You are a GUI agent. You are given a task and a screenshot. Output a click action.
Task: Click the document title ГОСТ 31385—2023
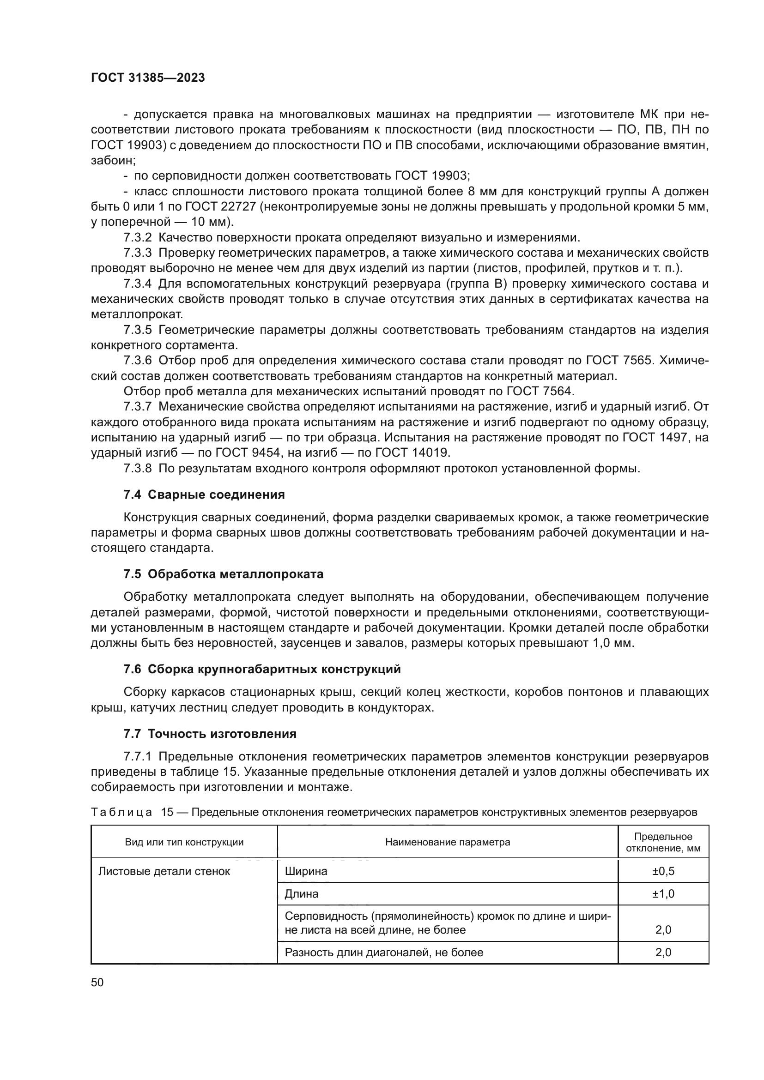(148, 78)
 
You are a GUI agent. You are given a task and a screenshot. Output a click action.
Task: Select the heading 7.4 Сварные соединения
(204, 495)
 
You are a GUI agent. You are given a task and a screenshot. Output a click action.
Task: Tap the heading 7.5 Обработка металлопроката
(224, 574)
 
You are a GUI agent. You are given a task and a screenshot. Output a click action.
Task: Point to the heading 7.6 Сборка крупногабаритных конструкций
(262, 669)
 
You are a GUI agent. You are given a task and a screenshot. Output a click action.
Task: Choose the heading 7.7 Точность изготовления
(210, 734)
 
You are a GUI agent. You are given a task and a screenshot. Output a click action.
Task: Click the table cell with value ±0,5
(663, 871)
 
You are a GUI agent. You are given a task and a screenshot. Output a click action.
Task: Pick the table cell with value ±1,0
(663, 894)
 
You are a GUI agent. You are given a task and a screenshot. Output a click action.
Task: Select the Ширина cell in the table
(306, 871)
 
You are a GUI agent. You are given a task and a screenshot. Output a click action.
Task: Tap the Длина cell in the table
(302, 894)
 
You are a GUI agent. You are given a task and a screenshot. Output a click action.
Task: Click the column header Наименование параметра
(448, 842)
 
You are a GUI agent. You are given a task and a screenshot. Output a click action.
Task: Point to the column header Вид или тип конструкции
(184, 842)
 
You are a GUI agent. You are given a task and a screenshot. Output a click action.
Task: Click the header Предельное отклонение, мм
(663, 842)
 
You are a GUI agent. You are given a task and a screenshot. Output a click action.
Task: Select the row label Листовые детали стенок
(164, 871)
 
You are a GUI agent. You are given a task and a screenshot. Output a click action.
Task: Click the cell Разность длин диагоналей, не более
(384, 953)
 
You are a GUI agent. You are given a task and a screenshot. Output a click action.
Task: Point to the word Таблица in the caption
(121, 812)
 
